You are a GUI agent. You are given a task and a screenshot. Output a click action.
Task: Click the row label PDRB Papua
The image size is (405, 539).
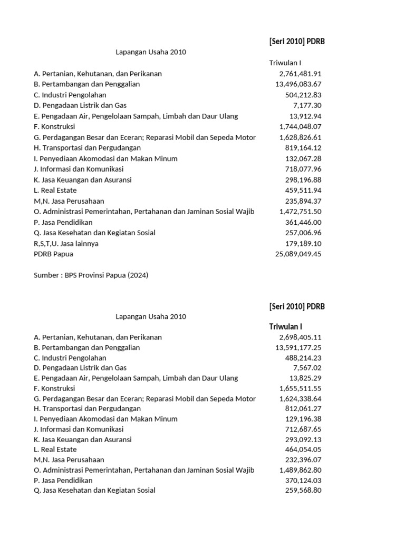click(x=53, y=254)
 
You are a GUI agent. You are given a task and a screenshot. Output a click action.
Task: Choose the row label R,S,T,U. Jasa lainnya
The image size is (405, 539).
click(x=66, y=243)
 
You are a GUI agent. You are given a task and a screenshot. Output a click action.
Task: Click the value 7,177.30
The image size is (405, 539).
click(x=307, y=105)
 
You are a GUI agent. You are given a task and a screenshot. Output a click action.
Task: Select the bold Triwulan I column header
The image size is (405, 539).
click(x=285, y=326)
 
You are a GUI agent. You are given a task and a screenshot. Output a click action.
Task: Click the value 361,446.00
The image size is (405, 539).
click(x=303, y=222)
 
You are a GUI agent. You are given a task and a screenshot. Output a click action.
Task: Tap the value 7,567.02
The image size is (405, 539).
click(x=307, y=368)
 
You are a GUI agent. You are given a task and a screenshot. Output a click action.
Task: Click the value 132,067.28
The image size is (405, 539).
click(x=303, y=158)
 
